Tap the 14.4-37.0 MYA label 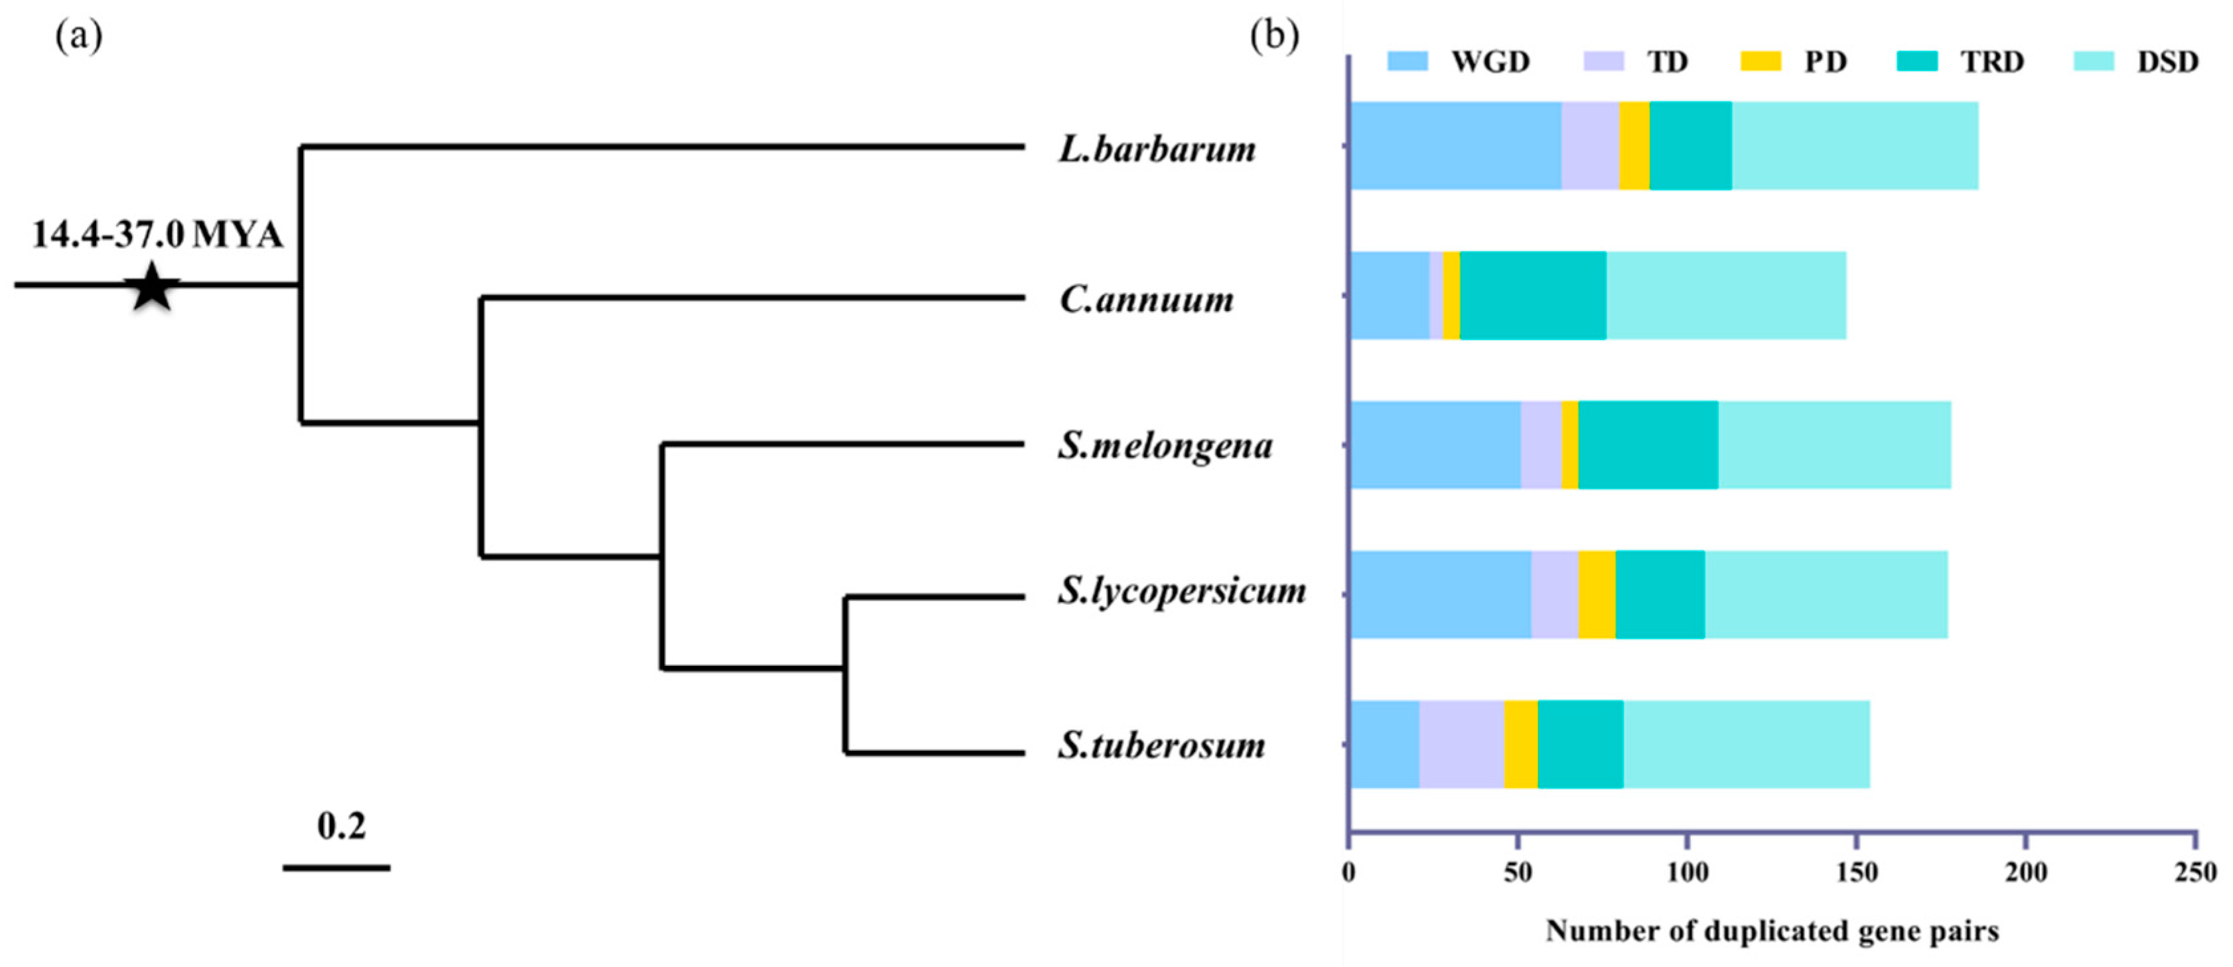point(158,235)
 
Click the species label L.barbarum point(1157,150)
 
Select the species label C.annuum point(1146,300)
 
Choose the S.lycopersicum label point(1181,592)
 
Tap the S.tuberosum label point(1161,745)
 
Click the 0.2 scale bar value point(340,826)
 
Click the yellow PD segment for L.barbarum point(1634,145)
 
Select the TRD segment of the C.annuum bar point(1533,296)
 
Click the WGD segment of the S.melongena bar point(1435,446)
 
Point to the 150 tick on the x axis point(1856,871)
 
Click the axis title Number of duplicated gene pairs point(1772,931)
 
